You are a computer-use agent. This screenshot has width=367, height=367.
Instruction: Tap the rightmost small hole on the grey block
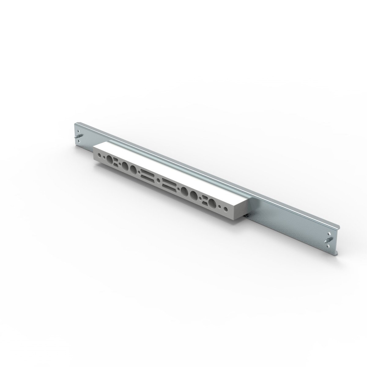(x=226, y=210)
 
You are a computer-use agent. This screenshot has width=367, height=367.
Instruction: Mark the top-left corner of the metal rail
(x=75, y=124)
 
